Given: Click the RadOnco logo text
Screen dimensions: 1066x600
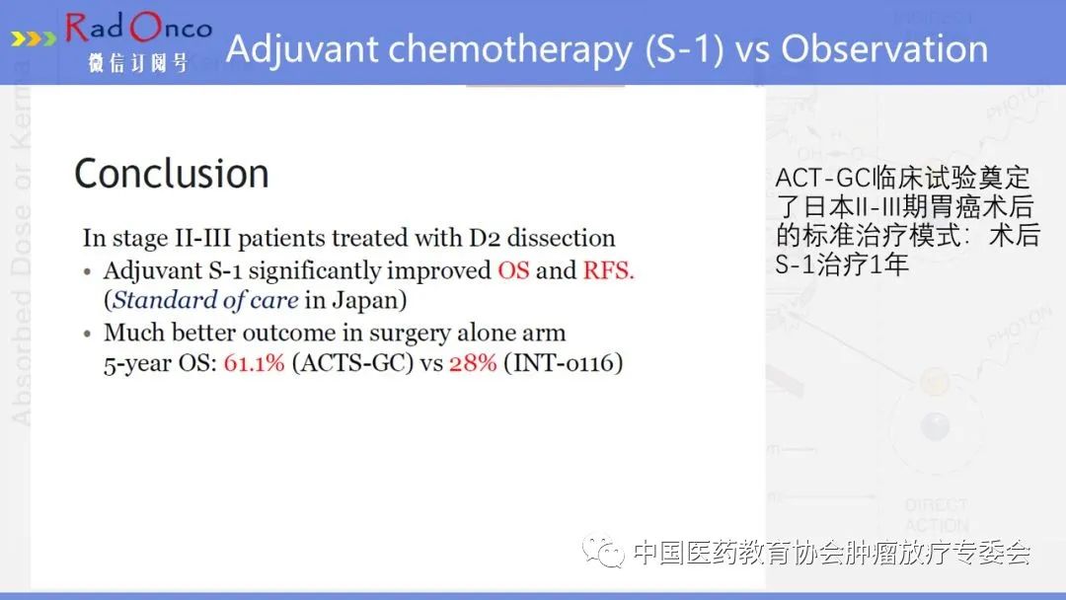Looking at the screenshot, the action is (139, 28).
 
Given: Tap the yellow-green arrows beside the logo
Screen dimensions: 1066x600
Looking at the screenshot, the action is (34, 38).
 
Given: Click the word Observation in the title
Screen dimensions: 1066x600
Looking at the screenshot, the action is (884, 49).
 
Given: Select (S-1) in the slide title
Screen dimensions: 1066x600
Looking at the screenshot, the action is (685, 50).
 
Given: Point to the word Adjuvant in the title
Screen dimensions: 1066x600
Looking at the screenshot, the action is (302, 50).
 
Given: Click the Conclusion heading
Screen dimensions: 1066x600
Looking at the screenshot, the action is (172, 174).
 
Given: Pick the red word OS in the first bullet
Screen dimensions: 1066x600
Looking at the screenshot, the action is (513, 270).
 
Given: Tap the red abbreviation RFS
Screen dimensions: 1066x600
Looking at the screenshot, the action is (608, 270).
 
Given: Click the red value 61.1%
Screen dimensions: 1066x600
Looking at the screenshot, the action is (254, 363).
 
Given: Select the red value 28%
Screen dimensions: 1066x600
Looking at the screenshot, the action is (473, 363).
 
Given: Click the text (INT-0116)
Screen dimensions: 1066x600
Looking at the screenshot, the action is (563, 363).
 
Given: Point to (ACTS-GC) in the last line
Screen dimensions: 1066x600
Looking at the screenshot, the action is (352, 363).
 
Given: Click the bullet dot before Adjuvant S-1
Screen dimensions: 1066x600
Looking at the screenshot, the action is (87, 272).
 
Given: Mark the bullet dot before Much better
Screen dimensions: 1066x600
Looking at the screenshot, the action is (87, 335).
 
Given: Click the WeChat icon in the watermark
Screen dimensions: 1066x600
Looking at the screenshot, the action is (602, 551).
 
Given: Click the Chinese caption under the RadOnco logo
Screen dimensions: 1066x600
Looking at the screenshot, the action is (138, 63).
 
